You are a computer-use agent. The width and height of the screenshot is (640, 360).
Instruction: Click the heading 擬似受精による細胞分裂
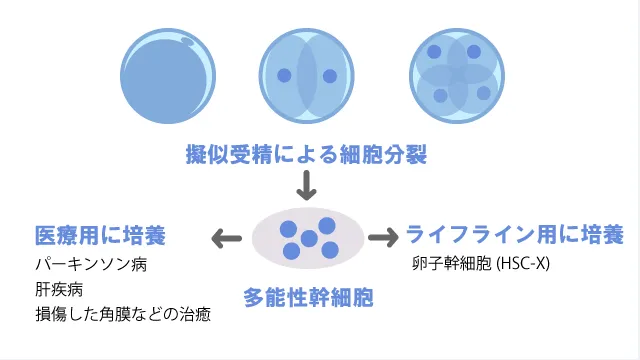tap(306, 156)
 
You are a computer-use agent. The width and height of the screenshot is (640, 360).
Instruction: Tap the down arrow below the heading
tap(306, 186)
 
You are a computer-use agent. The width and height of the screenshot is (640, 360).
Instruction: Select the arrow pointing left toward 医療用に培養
tap(226, 238)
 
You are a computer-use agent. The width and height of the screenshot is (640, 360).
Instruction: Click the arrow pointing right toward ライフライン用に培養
tap(383, 238)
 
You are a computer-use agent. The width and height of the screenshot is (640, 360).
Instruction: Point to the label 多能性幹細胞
tap(307, 297)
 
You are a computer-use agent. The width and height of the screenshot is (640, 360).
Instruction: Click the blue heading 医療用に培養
tap(99, 236)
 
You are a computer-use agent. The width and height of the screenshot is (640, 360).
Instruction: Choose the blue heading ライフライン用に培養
tap(514, 236)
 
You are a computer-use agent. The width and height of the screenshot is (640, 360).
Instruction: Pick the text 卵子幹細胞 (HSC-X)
tap(480, 266)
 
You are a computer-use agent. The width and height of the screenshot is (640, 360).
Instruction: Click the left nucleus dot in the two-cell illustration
tap(284, 75)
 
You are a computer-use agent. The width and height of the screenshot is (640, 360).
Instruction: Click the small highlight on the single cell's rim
tap(189, 41)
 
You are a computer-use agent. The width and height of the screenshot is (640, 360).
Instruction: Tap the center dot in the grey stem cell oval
tap(309, 239)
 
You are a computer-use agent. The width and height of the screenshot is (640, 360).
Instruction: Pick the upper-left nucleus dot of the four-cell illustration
tap(434, 51)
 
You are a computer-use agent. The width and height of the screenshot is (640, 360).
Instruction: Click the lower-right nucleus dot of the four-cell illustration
tap(484, 93)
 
